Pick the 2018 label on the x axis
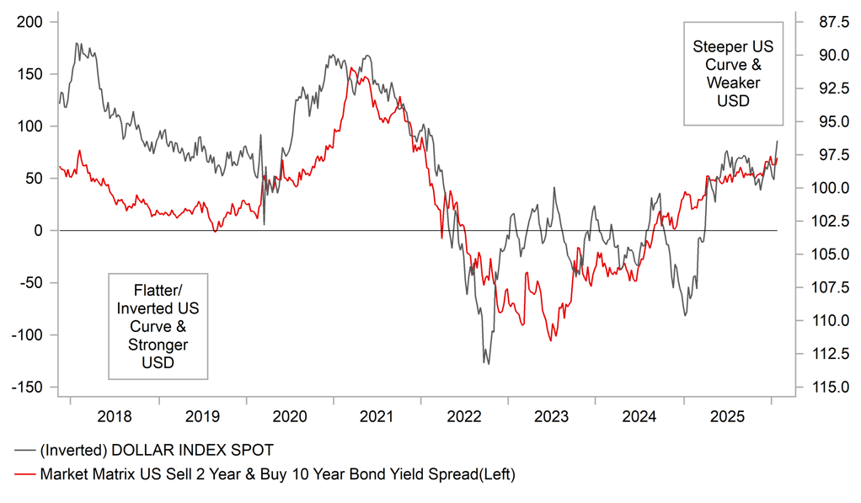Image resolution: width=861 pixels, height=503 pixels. [x=115, y=416]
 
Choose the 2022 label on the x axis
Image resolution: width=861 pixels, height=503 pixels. [x=464, y=416]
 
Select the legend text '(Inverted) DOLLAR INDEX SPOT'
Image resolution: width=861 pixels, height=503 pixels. [x=156, y=450]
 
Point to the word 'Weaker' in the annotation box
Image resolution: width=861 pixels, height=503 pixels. [x=733, y=83]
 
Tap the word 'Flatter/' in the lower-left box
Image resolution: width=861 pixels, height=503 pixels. [x=158, y=289]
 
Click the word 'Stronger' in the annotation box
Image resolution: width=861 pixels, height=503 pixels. [x=158, y=345]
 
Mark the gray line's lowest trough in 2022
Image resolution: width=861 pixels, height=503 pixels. [x=485, y=363]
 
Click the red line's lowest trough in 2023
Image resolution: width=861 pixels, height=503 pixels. [x=550, y=340]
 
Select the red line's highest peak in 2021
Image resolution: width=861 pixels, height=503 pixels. [x=350, y=67]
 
